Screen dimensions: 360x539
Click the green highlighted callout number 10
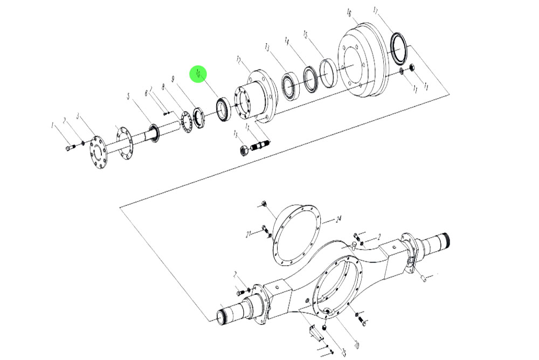point(198,74)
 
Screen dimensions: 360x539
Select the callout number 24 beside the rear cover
point(338,219)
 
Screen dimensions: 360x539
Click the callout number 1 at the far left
point(53,126)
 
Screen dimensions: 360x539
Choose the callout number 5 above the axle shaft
point(128,96)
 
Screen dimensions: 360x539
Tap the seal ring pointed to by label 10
point(223,109)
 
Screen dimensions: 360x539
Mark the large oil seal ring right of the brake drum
point(399,49)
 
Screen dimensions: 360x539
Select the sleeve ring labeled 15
point(328,73)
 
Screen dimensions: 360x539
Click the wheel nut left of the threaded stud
point(244,150)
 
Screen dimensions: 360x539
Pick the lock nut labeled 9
point(199,117)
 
